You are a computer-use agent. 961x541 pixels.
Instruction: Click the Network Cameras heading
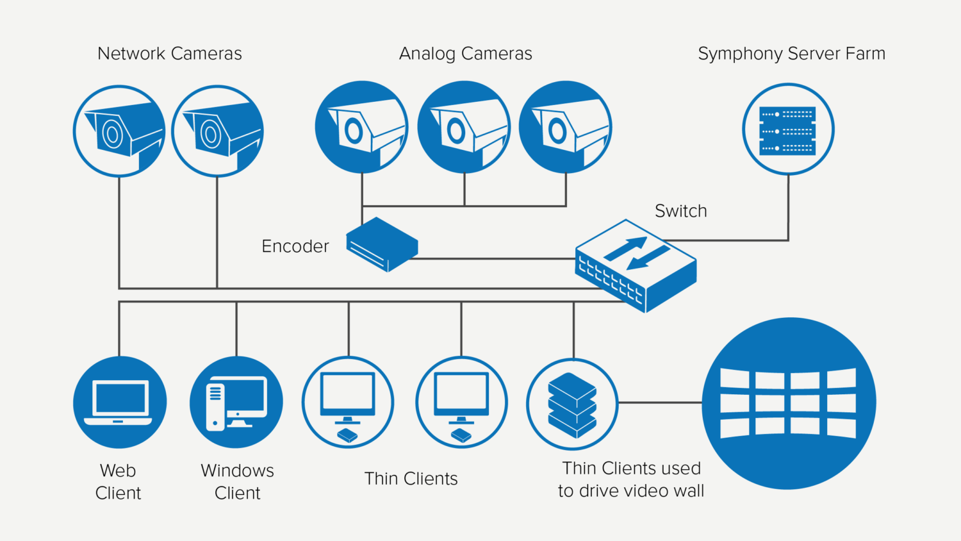(170, 54)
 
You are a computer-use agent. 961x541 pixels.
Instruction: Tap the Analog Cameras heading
(466, 54)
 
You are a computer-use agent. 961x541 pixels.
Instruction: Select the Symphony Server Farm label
(791, 54)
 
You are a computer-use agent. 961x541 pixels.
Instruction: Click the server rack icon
(788, 129)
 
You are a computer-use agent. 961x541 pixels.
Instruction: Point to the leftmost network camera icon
(119, 131)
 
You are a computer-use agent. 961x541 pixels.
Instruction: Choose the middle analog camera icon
(464, 127)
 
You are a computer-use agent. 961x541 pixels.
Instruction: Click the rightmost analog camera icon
(565, 127)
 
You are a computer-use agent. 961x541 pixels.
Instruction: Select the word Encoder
(295, 246)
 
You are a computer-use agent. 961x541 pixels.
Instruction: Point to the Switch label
(680, 211)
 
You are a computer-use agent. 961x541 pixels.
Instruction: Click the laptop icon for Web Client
(120, 403)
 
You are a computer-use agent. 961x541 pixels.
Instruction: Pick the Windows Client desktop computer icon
(236, 403)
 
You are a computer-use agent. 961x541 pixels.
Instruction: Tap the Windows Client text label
(237, 481)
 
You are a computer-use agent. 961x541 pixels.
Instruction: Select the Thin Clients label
(411, 479)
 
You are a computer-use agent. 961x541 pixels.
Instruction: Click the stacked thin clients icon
(572, 404)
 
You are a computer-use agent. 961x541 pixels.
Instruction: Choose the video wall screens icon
(789, 403)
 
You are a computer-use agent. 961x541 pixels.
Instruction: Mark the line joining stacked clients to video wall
(660, 403)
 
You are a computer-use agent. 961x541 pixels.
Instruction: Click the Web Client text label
(118, 481)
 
